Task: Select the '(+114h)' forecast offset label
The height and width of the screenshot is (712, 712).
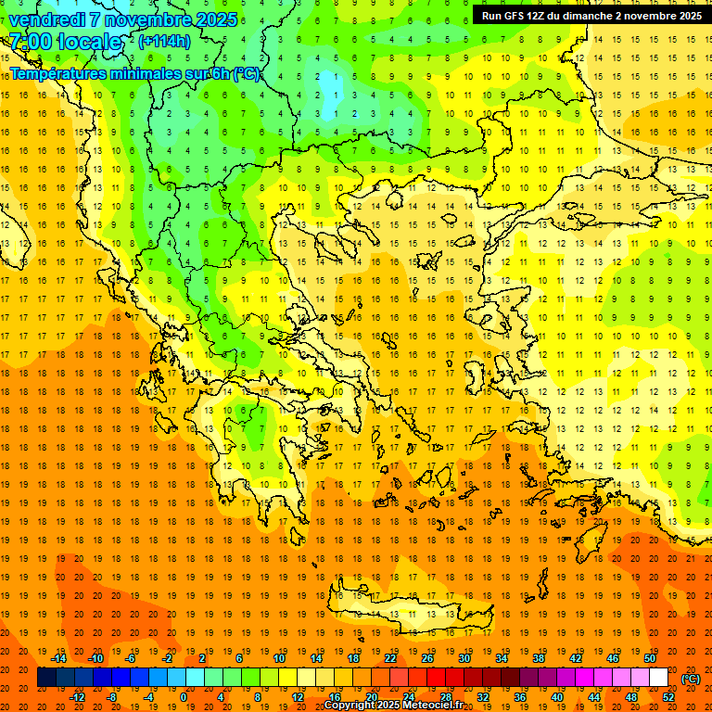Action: tap(164, 42)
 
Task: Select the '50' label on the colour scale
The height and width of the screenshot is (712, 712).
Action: tap(649, 658)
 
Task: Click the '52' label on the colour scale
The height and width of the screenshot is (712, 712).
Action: tap(668, 696)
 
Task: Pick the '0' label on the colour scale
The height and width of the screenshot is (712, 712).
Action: tap(183, 696)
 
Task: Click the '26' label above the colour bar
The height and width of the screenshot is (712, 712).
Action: tap(427, 658)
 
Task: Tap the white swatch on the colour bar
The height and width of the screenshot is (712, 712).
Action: tap(658, 678)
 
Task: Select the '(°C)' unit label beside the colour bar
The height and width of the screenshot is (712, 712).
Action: tap(691, 678)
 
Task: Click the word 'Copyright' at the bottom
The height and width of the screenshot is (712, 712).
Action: tap(350, 706)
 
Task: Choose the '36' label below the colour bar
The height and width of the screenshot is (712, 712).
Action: tap(519, 696)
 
